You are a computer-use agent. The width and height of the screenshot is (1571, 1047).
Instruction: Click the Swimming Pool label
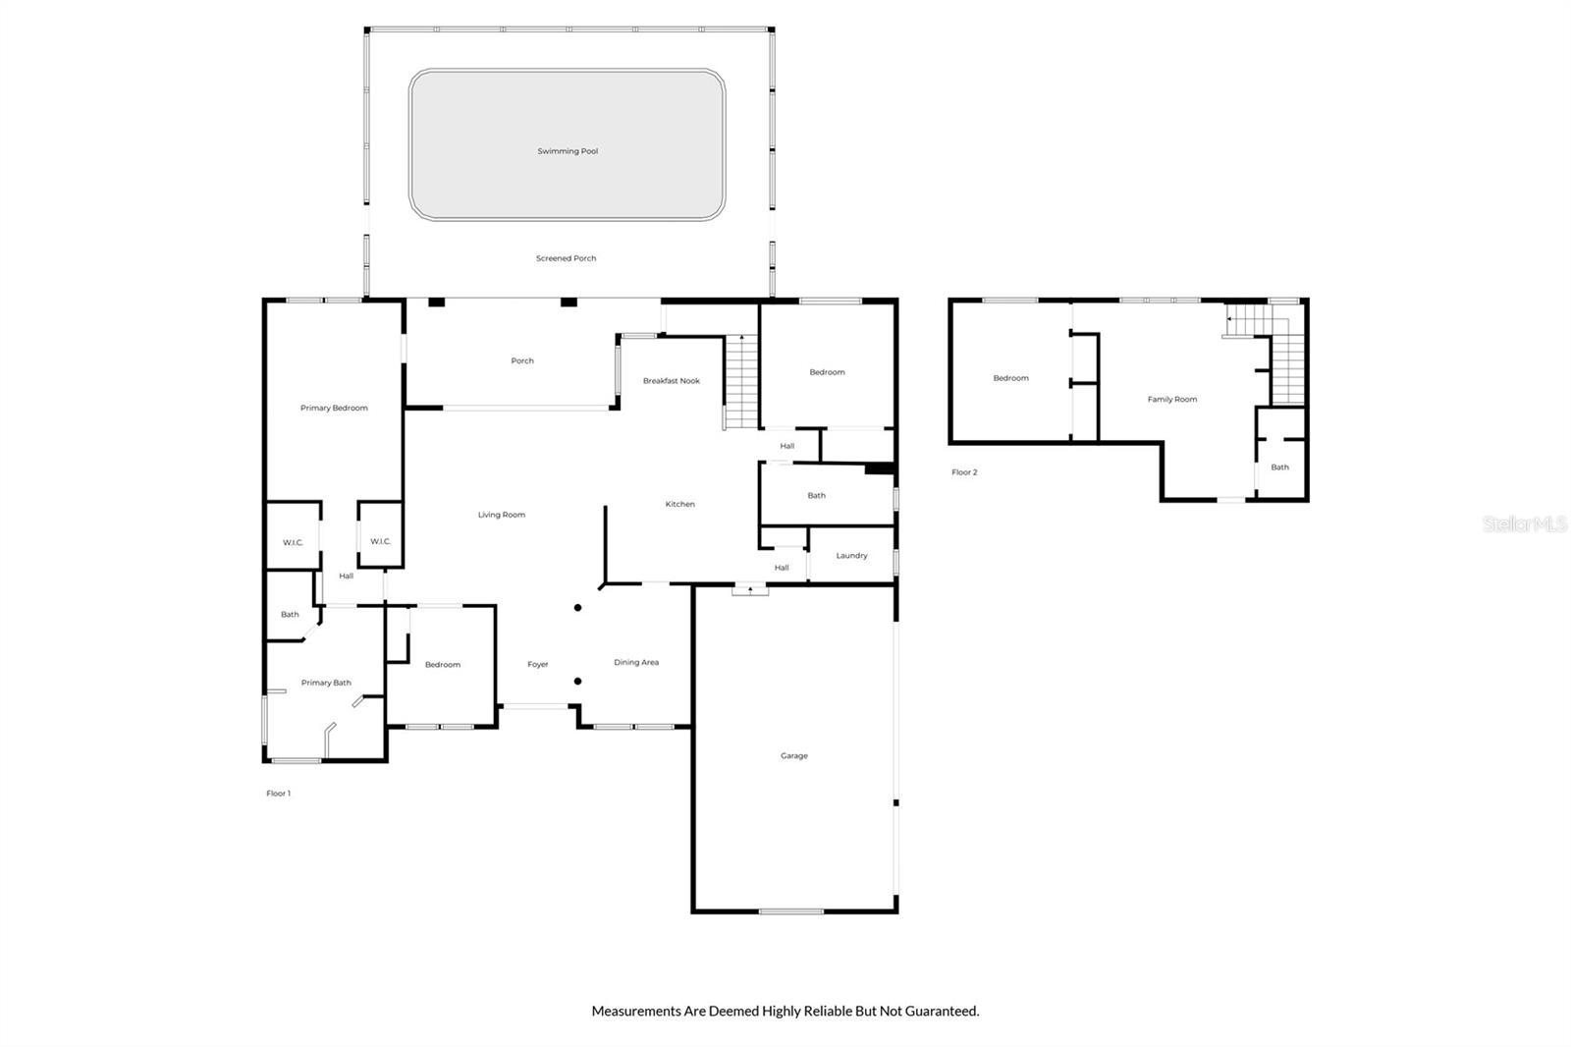(x=568, y=151)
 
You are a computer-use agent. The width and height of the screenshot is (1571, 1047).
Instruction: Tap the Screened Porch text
(x=566, y=258)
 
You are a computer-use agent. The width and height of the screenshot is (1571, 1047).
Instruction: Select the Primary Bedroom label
(x=334, y=408)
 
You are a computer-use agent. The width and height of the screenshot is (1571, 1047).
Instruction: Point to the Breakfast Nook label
(x=672, y=381)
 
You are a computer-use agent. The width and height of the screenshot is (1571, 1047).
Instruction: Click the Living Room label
(x=502, y=515)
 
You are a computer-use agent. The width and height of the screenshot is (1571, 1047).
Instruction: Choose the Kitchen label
(x=679, y=504)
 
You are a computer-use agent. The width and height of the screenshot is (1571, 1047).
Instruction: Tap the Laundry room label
(x=851, y=556)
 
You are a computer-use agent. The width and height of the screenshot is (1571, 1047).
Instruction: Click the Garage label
(x=794, y=755)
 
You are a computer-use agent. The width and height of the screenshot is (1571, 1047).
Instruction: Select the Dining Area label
(x=636, y=662)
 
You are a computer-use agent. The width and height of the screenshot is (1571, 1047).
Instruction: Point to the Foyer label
(x=538, y=665)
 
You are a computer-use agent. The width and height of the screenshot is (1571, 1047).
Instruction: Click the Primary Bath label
(x=326, y=683)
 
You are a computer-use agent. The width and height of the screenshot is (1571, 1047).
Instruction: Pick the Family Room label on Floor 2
(x=1172, y=400)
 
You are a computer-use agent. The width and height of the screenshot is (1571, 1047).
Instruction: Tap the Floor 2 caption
(x=964, y=472)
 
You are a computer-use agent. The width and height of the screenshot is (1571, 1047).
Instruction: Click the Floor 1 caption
(x=279, y=794)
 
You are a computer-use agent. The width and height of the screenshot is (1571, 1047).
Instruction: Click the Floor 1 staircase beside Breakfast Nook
(x=741, y=382)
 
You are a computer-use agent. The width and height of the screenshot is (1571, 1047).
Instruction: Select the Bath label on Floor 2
(x=1280, y=468)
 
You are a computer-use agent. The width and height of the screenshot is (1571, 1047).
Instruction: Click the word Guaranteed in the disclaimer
(x=942, y=1012)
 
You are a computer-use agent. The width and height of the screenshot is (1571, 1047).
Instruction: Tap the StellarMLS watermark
(x=1525, y=523)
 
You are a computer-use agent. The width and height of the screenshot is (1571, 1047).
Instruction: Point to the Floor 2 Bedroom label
(x=1010, y=378)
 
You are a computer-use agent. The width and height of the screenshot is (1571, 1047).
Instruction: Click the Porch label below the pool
(x=521, y=360)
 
